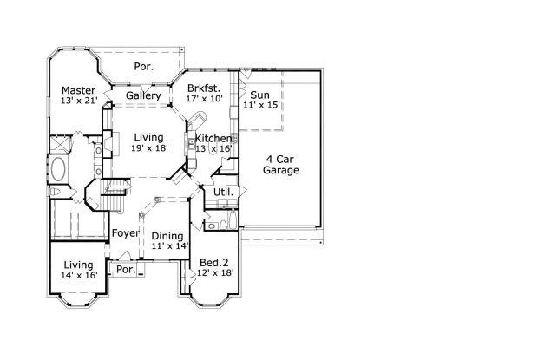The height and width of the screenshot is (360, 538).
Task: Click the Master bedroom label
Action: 79,90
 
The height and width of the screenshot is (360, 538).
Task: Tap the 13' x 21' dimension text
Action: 79,101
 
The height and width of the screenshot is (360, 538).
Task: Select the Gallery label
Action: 143,95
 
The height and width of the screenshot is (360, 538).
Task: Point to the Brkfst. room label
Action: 204,88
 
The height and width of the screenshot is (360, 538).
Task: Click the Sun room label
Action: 259,95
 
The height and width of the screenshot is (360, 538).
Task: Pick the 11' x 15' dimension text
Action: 262,105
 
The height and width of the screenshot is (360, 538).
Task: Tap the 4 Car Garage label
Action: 280,165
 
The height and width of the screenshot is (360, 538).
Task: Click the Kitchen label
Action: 213,139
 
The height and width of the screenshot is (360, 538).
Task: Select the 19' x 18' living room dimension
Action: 149,148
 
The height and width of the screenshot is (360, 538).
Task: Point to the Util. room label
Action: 223,193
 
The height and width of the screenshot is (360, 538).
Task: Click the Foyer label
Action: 126,233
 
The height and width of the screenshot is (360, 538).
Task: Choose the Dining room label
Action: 167,236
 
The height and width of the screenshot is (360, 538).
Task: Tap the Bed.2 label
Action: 214,263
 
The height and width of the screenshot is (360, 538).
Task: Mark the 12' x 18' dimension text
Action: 215,273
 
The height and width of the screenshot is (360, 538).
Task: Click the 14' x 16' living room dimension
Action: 79,275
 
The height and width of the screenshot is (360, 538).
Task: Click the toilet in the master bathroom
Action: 55,192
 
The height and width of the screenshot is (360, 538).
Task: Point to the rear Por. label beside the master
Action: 144,67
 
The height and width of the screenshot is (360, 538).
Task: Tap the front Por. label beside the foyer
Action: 126,270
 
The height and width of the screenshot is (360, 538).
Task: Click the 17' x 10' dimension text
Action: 205,99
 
